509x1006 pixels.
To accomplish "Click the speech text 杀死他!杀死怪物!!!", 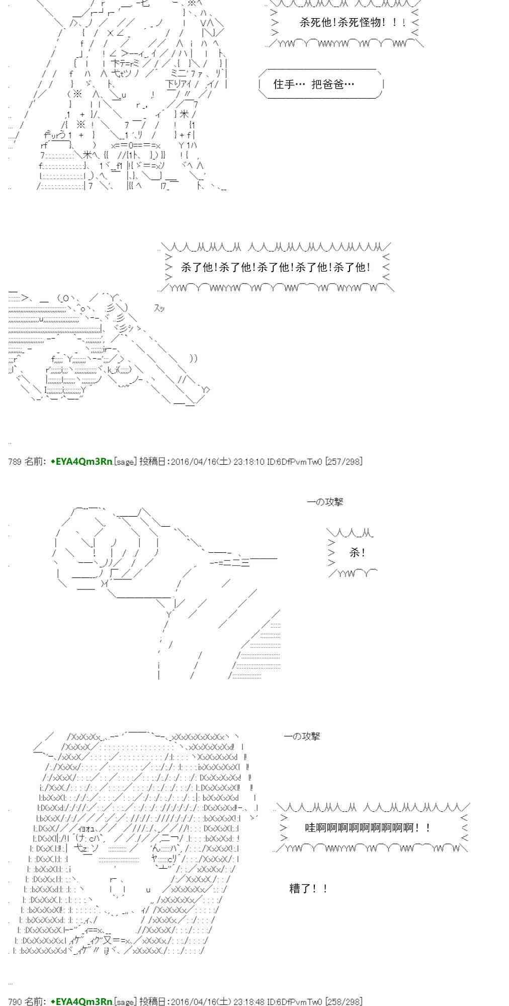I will tap(352, 23).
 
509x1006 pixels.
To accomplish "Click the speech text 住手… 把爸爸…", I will tap(314, 85).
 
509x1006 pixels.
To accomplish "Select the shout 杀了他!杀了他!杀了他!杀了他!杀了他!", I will tap(276, 268).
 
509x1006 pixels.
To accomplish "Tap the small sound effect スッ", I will tap(159, 309).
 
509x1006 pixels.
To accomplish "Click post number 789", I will tap(15, 461).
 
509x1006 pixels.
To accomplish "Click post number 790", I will tap(15, 1001).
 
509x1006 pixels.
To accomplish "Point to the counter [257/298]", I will tap(344, 461).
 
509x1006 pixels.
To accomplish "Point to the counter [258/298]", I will tap(344, 1001).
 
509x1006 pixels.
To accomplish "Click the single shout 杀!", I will tap(357, 553).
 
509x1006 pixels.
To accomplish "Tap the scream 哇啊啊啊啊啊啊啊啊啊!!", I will tap(367, 827).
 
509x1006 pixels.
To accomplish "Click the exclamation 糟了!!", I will tap(308, 889).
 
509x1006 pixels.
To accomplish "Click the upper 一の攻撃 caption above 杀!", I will tap(325, 502).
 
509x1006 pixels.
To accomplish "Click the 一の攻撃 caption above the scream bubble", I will tap(302, 736).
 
